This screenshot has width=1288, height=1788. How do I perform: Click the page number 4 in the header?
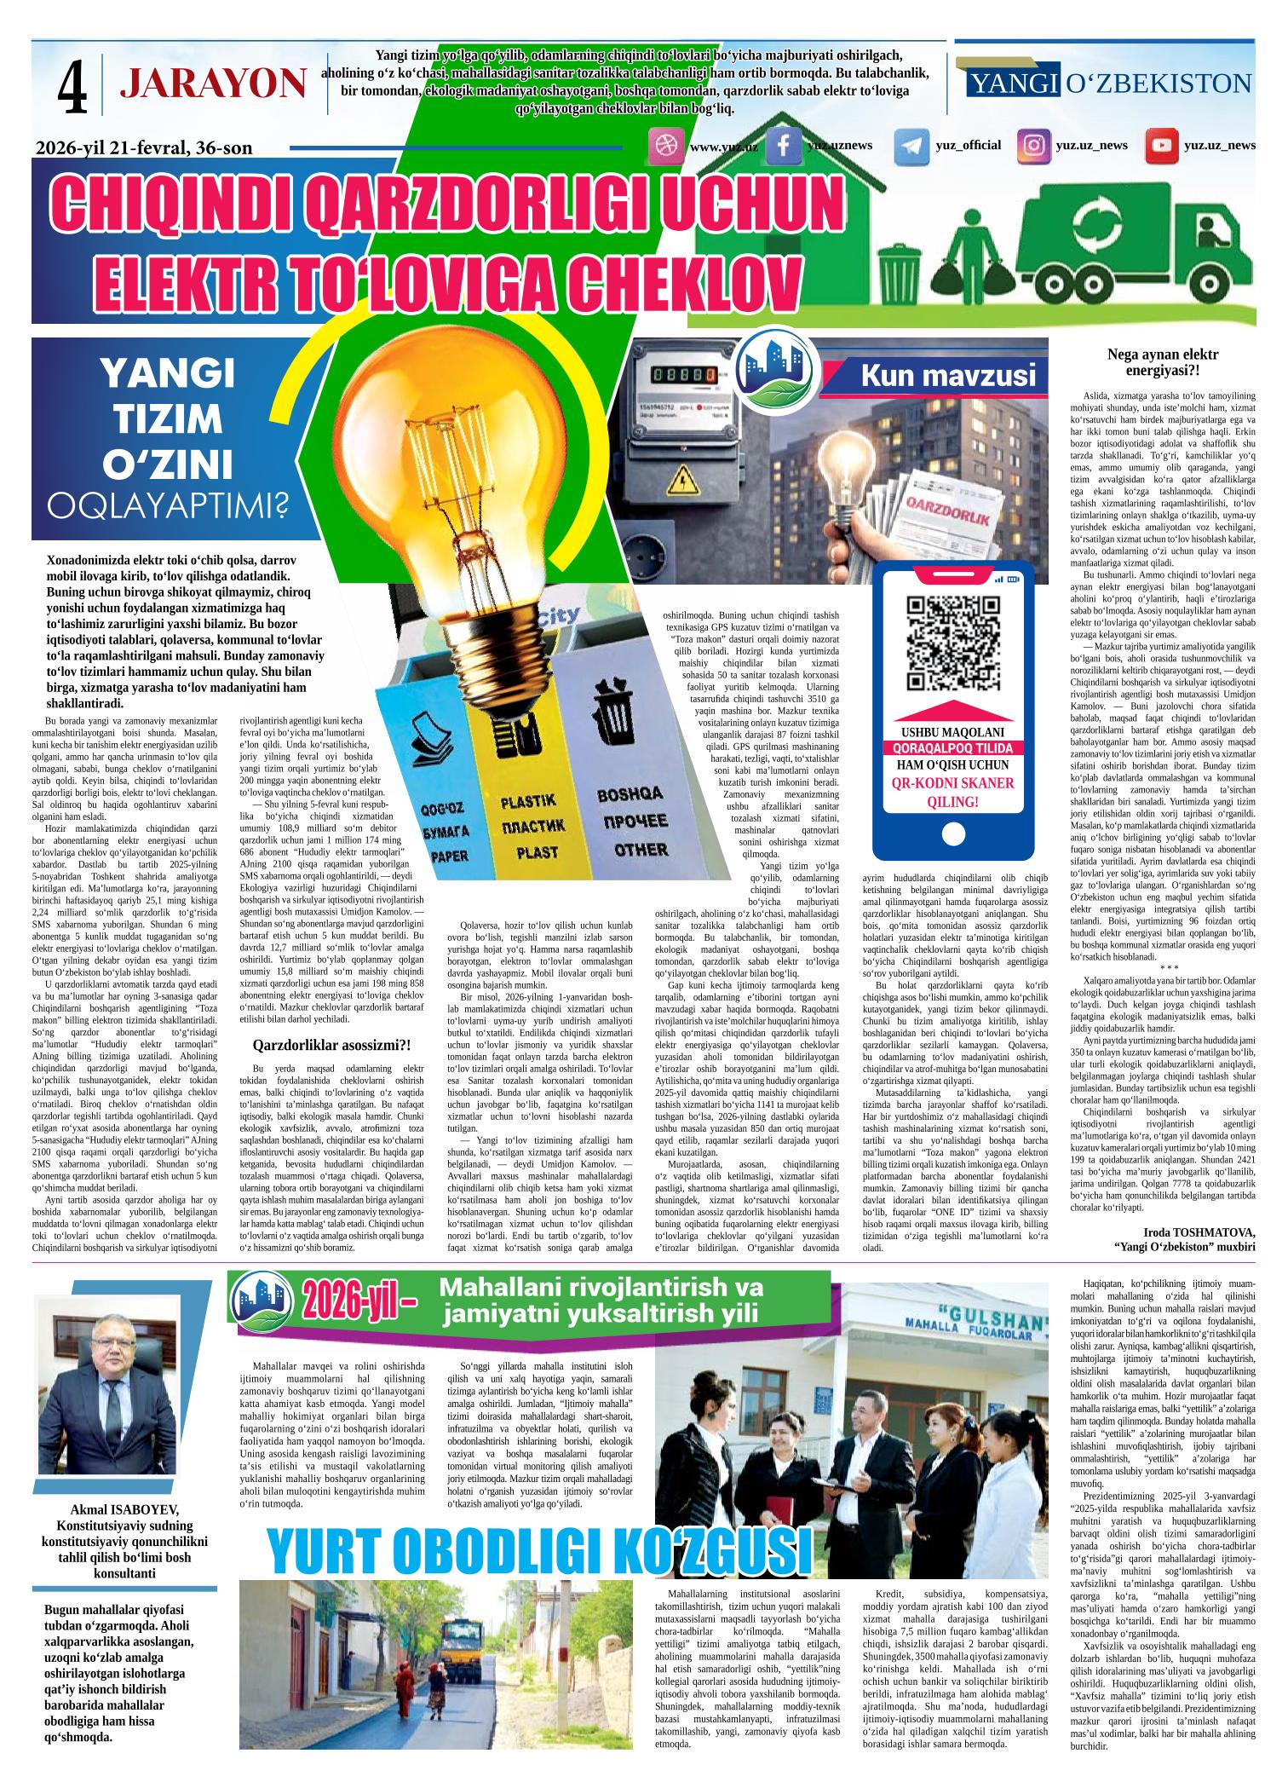pos(72,85)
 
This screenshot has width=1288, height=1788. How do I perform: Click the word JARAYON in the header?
pos(213,84)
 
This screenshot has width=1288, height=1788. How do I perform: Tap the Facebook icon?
pos(783,146)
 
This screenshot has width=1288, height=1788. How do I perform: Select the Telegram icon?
pos(911,146)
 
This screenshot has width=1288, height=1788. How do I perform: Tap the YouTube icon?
pos(1160,146)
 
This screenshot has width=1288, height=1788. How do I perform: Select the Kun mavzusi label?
pos(948,376)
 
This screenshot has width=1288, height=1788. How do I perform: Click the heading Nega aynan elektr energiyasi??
pos(1162,362)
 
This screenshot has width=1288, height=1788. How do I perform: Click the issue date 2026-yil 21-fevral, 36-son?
pos(144,148)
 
